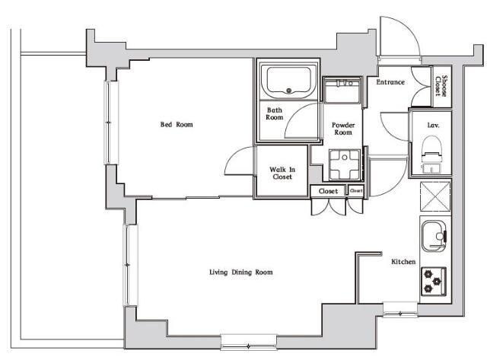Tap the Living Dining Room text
point(241,272)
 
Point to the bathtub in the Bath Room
point(288,80)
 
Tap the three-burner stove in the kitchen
point(433,281)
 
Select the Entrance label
point(390,82)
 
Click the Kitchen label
point(403,262)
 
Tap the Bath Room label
point(275,114)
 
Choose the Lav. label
point(431,123)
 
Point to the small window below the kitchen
point(399,308)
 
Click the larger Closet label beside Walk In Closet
point(329,191)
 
